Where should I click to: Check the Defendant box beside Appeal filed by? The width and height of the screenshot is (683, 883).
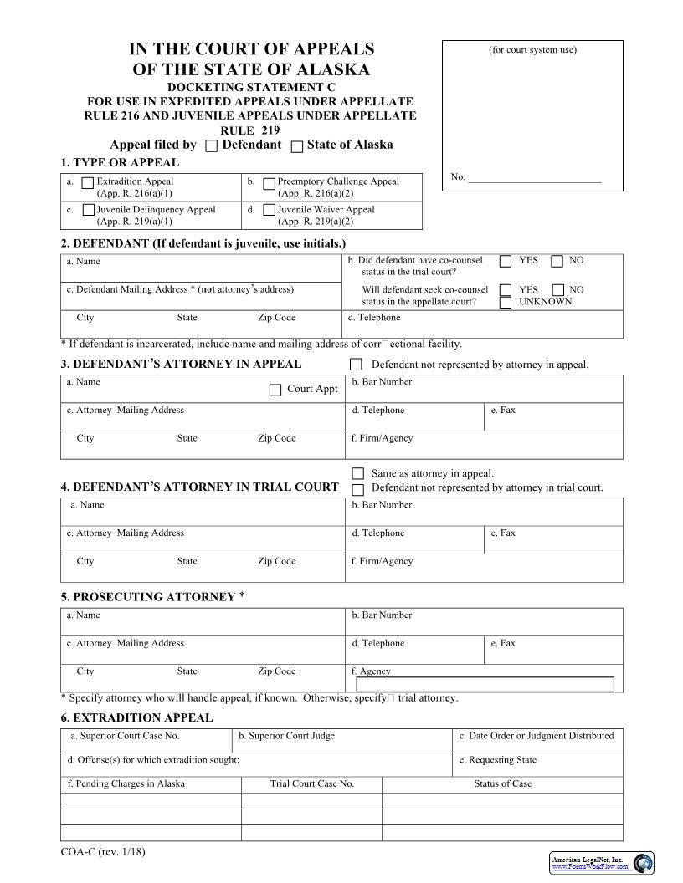pyautogui.click(x=212, y=146)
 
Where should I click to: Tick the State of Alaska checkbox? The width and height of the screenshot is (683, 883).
pyautogui.click(x=297, y=146)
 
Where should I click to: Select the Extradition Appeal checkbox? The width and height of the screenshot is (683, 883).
pyautogui.click(x=88, y=182)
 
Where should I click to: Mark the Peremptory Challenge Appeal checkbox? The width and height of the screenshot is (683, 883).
pyautogui.click(x=269, y=183)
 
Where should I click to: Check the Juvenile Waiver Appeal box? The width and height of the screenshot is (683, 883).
pyautogui.click(x=269, y=210)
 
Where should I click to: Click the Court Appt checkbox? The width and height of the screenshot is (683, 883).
pyautogui.click(x=275, y=390)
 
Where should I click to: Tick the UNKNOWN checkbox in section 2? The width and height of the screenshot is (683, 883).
pyautogui.click(x=506, y=302)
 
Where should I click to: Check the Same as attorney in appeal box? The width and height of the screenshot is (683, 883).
pyautogui.click(x=358, y=473)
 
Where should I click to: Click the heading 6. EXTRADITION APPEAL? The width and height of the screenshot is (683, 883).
pyautogui.click(x=136, y=717)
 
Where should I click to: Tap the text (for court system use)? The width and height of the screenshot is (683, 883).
pyautogui.click(x=532, y=50)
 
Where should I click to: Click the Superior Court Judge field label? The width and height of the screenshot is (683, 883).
pyautogui.click(x=286, y=736)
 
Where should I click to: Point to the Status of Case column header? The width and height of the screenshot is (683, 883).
pyautogui.click(x=502, y=783)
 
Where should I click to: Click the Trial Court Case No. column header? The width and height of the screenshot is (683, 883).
pyautogui.click(x=311, y=783)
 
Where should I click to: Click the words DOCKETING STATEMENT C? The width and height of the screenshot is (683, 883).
pyautogui.click(x=250, y=86)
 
